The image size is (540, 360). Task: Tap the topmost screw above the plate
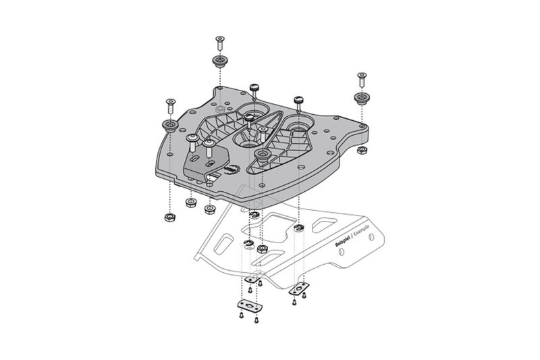click(219, 42)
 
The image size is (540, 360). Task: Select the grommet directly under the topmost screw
click(219, 62)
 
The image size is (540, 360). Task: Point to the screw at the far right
click(362, 78)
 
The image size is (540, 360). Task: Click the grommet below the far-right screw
click(362, 98)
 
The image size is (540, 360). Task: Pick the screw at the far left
click(167, 105)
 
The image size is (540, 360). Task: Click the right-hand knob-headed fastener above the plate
click(298, 102)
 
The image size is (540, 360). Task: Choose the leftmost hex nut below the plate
click(168, 218)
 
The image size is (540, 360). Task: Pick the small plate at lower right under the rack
click(298, 288)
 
